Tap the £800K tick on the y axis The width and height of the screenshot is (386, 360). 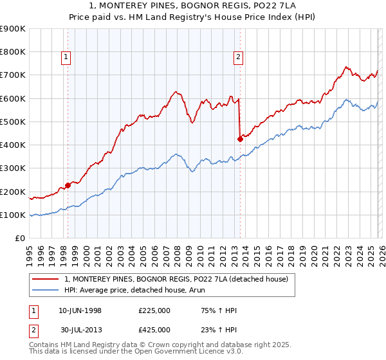coord(13,52)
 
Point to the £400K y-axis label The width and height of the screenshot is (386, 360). coord(13,145)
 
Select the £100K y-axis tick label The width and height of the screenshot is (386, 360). coord(13,215)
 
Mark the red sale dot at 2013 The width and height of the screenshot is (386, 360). coord(240,138)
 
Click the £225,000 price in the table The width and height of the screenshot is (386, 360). coord(154,311)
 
